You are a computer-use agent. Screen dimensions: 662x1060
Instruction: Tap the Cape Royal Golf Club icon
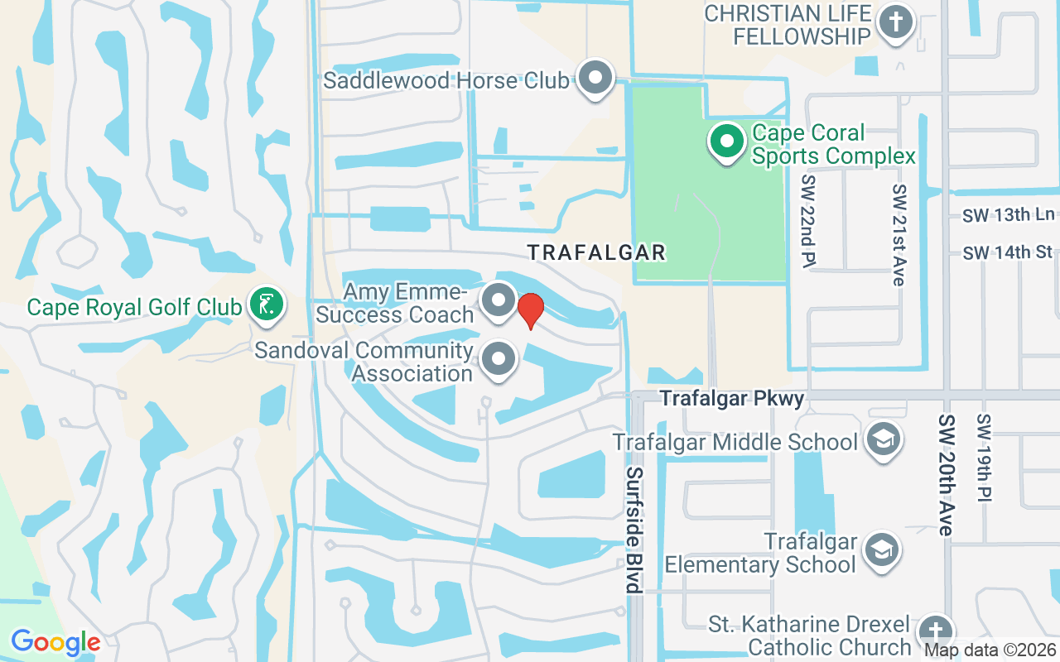[266, 305]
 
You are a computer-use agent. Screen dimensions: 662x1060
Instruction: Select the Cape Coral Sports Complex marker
[726, 142]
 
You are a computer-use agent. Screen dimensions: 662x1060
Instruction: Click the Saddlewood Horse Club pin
[594, 79]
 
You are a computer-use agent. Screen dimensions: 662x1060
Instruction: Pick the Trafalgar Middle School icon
[883, 439]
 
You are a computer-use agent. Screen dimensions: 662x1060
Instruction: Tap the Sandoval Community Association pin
[499, 360]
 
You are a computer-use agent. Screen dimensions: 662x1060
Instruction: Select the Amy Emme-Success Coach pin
[499, 301]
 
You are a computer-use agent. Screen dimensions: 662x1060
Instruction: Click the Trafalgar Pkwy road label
[732, 399]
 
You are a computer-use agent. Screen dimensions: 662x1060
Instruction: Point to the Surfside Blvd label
[634, 530]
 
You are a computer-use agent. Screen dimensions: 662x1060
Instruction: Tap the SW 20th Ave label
[946, 475]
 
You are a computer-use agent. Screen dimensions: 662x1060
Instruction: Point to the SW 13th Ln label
[1008, 215]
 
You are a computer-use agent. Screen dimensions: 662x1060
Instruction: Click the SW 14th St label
[1007, 252]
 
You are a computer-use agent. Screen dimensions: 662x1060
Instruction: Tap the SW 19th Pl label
[984, 458]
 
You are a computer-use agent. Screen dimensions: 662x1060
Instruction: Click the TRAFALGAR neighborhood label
[596, 252]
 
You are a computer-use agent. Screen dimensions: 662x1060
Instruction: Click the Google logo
[55, 642]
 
